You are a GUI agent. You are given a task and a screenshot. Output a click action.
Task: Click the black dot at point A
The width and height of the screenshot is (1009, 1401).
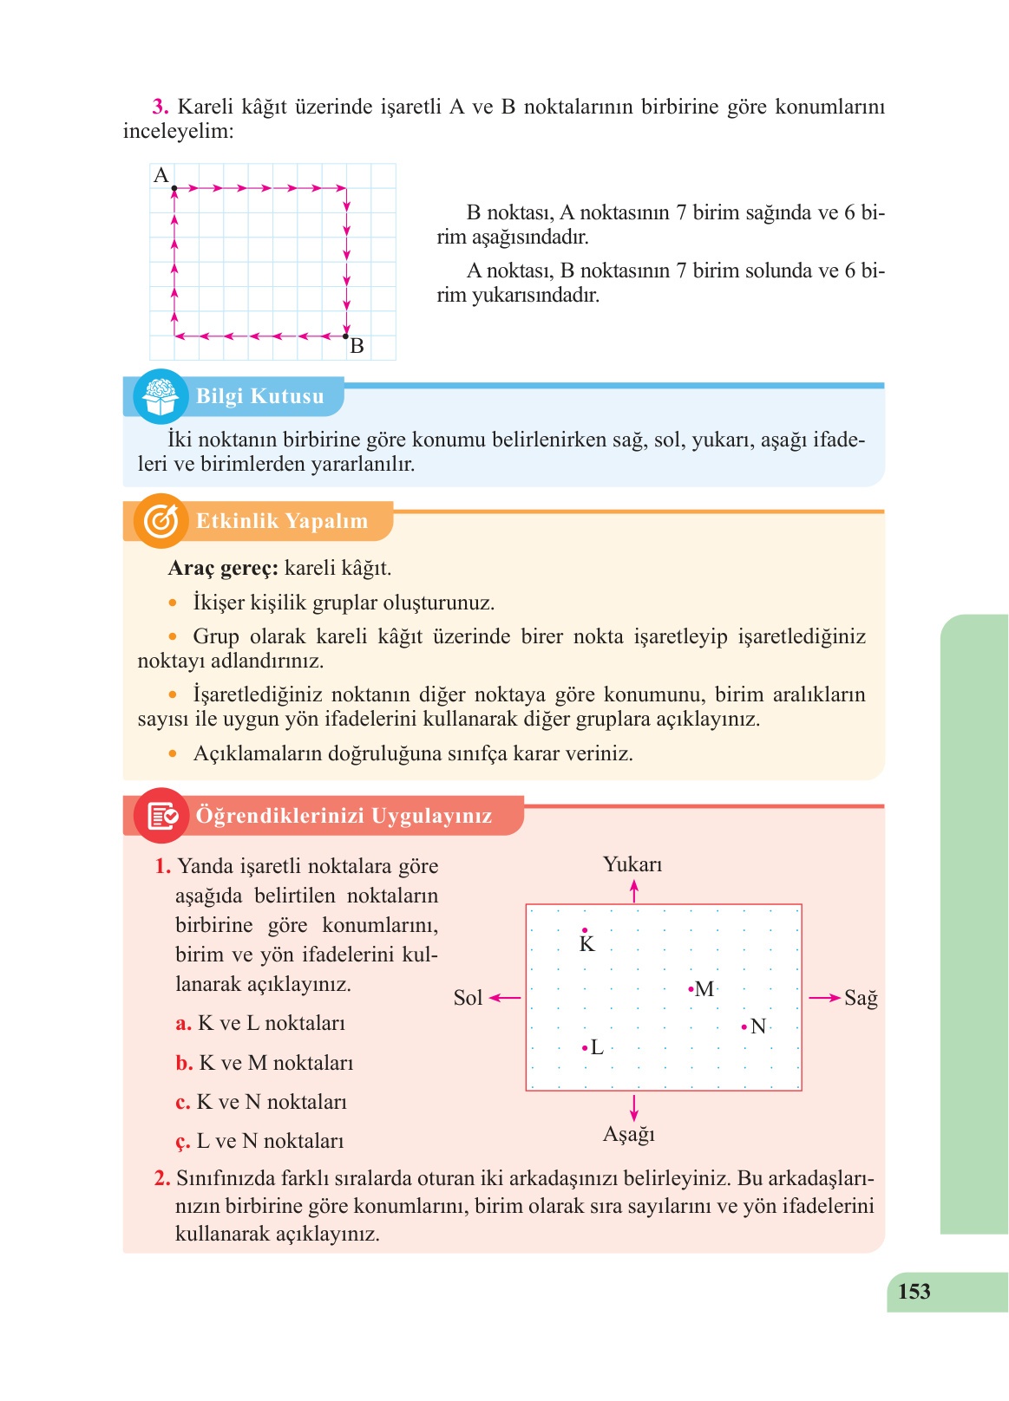point(174,188)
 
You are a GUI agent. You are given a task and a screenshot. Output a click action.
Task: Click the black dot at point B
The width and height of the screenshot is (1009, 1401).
point(345,336)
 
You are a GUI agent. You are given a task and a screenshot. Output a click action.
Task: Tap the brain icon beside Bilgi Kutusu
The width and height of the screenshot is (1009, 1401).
point(161,396)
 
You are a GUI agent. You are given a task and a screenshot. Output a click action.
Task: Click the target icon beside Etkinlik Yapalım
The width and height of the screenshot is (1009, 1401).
point(161,521)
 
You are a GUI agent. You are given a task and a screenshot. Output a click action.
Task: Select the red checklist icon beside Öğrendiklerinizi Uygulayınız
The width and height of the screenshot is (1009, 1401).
point(161,816)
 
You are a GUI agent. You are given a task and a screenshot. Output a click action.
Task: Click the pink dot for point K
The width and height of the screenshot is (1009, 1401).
point(585,930)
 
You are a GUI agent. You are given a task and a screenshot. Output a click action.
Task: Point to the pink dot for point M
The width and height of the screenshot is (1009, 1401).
point(691,989)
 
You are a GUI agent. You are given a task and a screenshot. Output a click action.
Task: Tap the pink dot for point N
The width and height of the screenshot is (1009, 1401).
point(744,1027)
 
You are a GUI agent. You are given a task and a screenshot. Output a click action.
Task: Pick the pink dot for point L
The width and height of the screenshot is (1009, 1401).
point(585,1048)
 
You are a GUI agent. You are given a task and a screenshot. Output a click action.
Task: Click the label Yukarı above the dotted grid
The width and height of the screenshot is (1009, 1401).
point(632,864)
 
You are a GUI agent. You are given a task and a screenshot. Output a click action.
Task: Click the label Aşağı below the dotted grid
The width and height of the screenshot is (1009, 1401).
point(629,1134)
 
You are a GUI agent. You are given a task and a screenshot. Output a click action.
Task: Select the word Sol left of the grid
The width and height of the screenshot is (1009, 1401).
point(468,998)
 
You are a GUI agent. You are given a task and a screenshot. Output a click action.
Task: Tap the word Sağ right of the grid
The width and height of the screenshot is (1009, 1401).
point(861,998)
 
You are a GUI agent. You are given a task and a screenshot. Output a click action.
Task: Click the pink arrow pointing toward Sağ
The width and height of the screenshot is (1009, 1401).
point(824,998)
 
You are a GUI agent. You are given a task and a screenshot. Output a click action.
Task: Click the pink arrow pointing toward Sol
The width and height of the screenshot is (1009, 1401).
point(506,998)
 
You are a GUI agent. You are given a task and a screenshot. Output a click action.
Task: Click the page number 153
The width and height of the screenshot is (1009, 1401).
point(914,1292)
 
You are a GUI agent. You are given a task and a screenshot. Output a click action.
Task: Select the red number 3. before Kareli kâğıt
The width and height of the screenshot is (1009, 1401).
point(161,108)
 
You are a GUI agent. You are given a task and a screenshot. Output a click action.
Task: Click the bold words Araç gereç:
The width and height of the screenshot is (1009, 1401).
point(223,569)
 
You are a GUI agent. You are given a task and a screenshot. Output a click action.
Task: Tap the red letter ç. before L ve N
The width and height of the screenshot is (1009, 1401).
point(182,1142)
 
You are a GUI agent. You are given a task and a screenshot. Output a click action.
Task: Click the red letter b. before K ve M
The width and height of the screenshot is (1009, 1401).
point(184,1064)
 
